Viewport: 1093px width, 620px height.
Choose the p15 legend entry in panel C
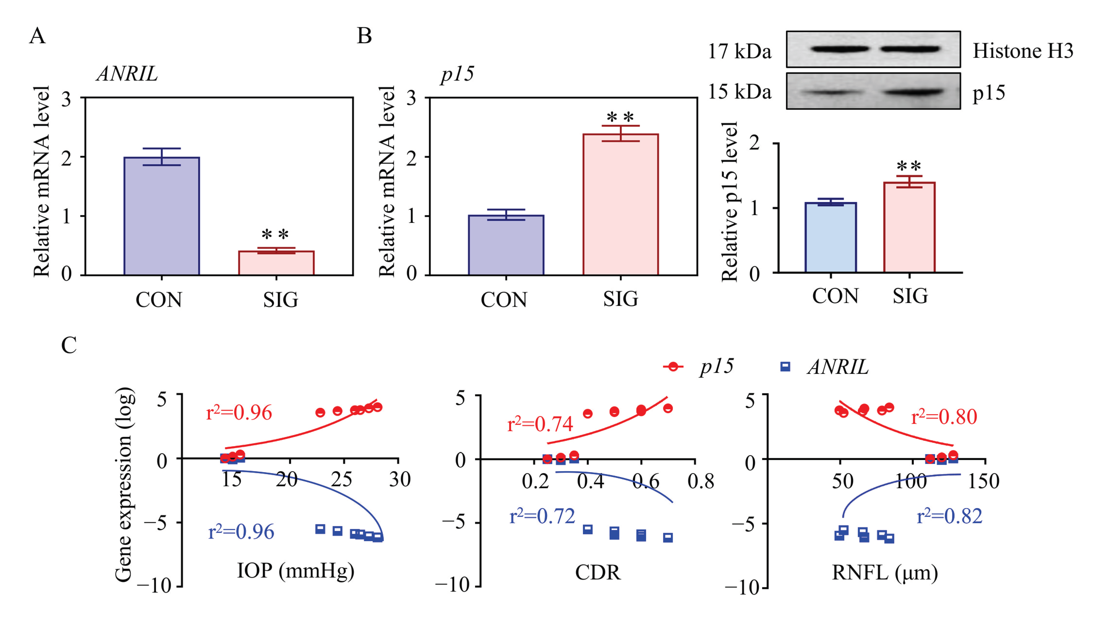699,367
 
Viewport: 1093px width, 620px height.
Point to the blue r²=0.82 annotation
949,516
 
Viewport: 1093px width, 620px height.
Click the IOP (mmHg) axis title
295,571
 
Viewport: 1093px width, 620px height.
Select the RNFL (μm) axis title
885,573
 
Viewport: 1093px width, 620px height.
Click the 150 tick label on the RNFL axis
983,481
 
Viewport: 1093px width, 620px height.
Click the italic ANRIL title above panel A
127,74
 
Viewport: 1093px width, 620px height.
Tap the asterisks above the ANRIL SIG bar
275,234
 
